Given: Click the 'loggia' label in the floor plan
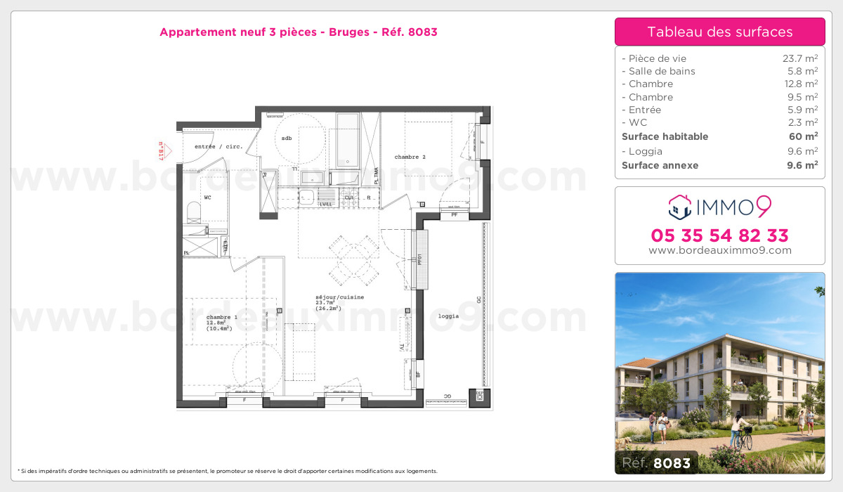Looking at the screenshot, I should pyautogui.click(x=448, y=316).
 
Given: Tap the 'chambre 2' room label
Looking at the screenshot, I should pyautogui.click(x=410, y=157).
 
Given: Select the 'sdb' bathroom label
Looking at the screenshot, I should pyautogui.click(x=287, y=138).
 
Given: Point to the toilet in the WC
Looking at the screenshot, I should pyautogui.click(x=195, y=213).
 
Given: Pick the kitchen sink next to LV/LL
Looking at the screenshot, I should pyautogui.click(x=308, y=196).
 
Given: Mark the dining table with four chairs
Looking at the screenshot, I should pyautogui.click(x=355, y=257).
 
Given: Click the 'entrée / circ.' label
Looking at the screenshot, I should pyautogui.click(x=218, y=147).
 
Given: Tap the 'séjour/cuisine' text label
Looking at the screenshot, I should pyautogui.click(x=339, y=297).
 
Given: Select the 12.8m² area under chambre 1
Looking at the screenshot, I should pyautogui.click(x=215, y=323).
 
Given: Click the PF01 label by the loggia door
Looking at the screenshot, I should pyautogui.click(x=419, y=259).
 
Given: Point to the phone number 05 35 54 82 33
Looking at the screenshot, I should pyautogui.click(x=719, y=235).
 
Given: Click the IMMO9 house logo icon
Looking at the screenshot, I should pyautogui.click(x=679, y=207).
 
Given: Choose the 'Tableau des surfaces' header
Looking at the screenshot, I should pyautogui.click(x=719, y=32).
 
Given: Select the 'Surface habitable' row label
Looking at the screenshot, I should pyautogui.click(x=665, y=136).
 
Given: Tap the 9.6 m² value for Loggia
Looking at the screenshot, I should pyautogui.click(x=802, y=151).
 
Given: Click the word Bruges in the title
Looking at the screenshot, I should pyautogui.click(x=347, y=32).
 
